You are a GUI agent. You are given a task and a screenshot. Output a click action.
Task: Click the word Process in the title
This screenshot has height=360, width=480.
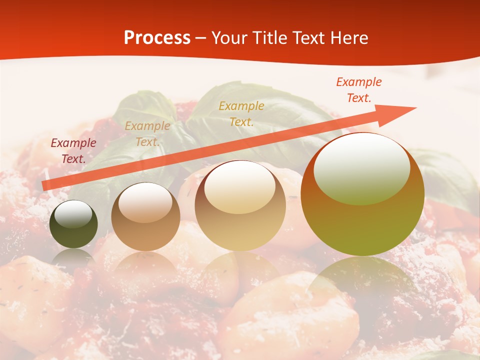click(157, 37)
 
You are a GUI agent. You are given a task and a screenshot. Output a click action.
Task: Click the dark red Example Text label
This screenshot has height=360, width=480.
click(73, 151)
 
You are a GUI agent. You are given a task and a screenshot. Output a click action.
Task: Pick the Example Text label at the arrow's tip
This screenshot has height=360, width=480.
click(358, 90)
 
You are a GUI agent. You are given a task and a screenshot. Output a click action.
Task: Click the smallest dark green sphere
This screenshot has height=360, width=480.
click(73, 224)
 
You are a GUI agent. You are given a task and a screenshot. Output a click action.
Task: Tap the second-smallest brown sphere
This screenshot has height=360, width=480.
click(145, 216)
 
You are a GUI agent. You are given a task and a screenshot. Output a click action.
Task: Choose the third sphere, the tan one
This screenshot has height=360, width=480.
click(240, 205)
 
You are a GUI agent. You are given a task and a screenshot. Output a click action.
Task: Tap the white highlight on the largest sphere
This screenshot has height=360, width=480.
click(361, 168)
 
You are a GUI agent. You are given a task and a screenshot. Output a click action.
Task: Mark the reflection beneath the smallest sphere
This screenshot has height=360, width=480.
click(73, 257)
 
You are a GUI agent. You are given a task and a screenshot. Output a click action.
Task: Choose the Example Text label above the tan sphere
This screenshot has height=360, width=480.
click(241, 114)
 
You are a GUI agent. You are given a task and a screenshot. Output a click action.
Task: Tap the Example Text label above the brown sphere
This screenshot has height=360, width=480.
click(147, 134)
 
